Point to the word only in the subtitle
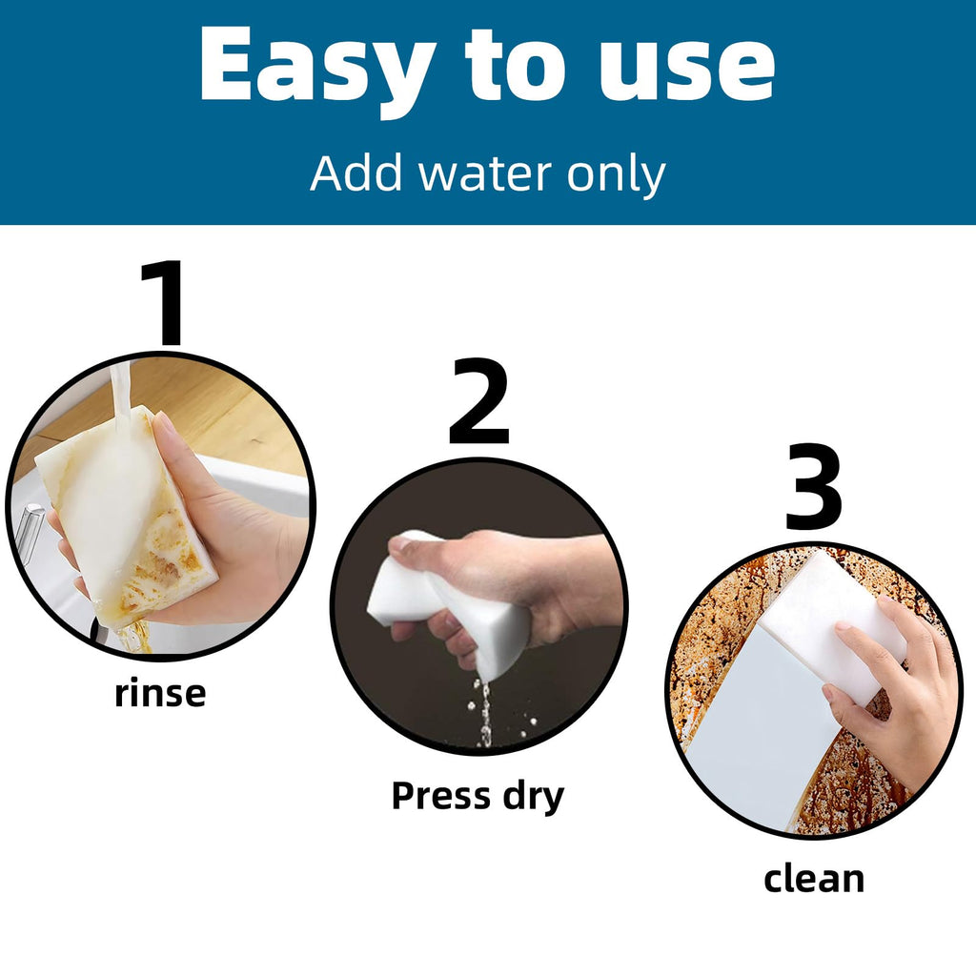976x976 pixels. pos(616,175)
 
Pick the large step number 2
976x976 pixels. pos(478,401)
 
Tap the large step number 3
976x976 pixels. pos(814,486)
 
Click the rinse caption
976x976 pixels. pos(160,694)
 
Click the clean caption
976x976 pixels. pos(814,879)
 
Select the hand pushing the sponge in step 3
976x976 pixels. pos(896,684)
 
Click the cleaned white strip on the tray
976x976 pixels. pos(760,728)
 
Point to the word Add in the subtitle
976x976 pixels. pos(356,173)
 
